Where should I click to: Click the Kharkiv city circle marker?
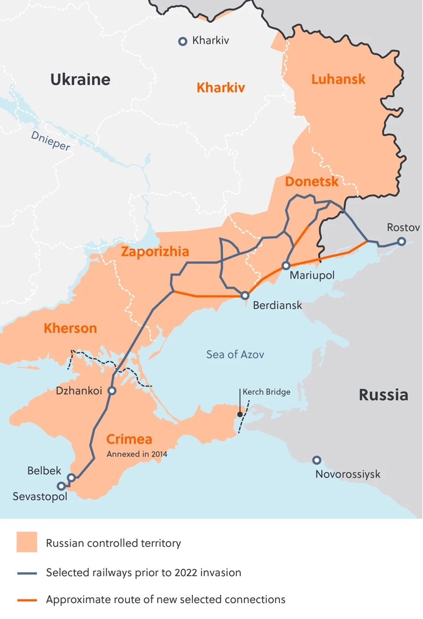[182, 41]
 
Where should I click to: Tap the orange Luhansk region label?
[338, 79]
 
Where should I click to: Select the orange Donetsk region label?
[312, 182]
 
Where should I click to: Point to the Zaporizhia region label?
[155, 252]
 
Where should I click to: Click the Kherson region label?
[70, 328]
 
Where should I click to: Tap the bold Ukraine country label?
[80, 80]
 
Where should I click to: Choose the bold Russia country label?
[383, 395]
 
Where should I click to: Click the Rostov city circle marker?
[402, 242]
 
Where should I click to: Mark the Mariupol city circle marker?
[286, 265]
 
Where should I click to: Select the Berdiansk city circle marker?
[245, 295]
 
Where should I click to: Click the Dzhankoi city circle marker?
[112, 391]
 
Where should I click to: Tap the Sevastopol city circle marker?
[61, 486]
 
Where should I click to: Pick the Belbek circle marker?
[71, 477]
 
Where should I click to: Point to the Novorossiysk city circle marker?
[317, 460]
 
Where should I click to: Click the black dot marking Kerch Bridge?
[240, 414]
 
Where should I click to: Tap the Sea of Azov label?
[235, 355]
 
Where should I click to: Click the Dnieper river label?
[51, 141]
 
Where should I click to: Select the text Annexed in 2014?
[137, 454]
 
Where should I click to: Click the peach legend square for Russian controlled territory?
[27, 542]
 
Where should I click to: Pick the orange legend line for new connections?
[27, 600]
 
